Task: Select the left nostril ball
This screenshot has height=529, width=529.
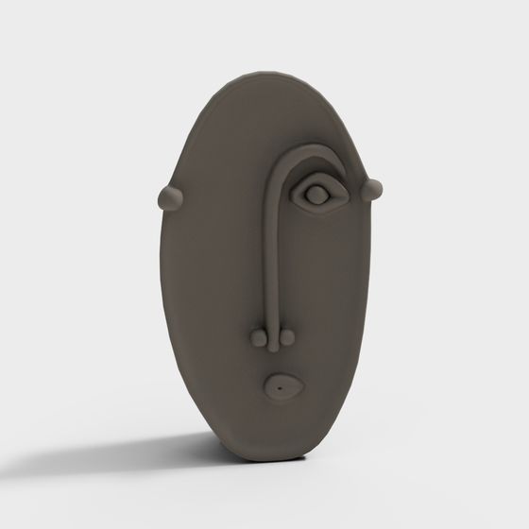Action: click(258, 335)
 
